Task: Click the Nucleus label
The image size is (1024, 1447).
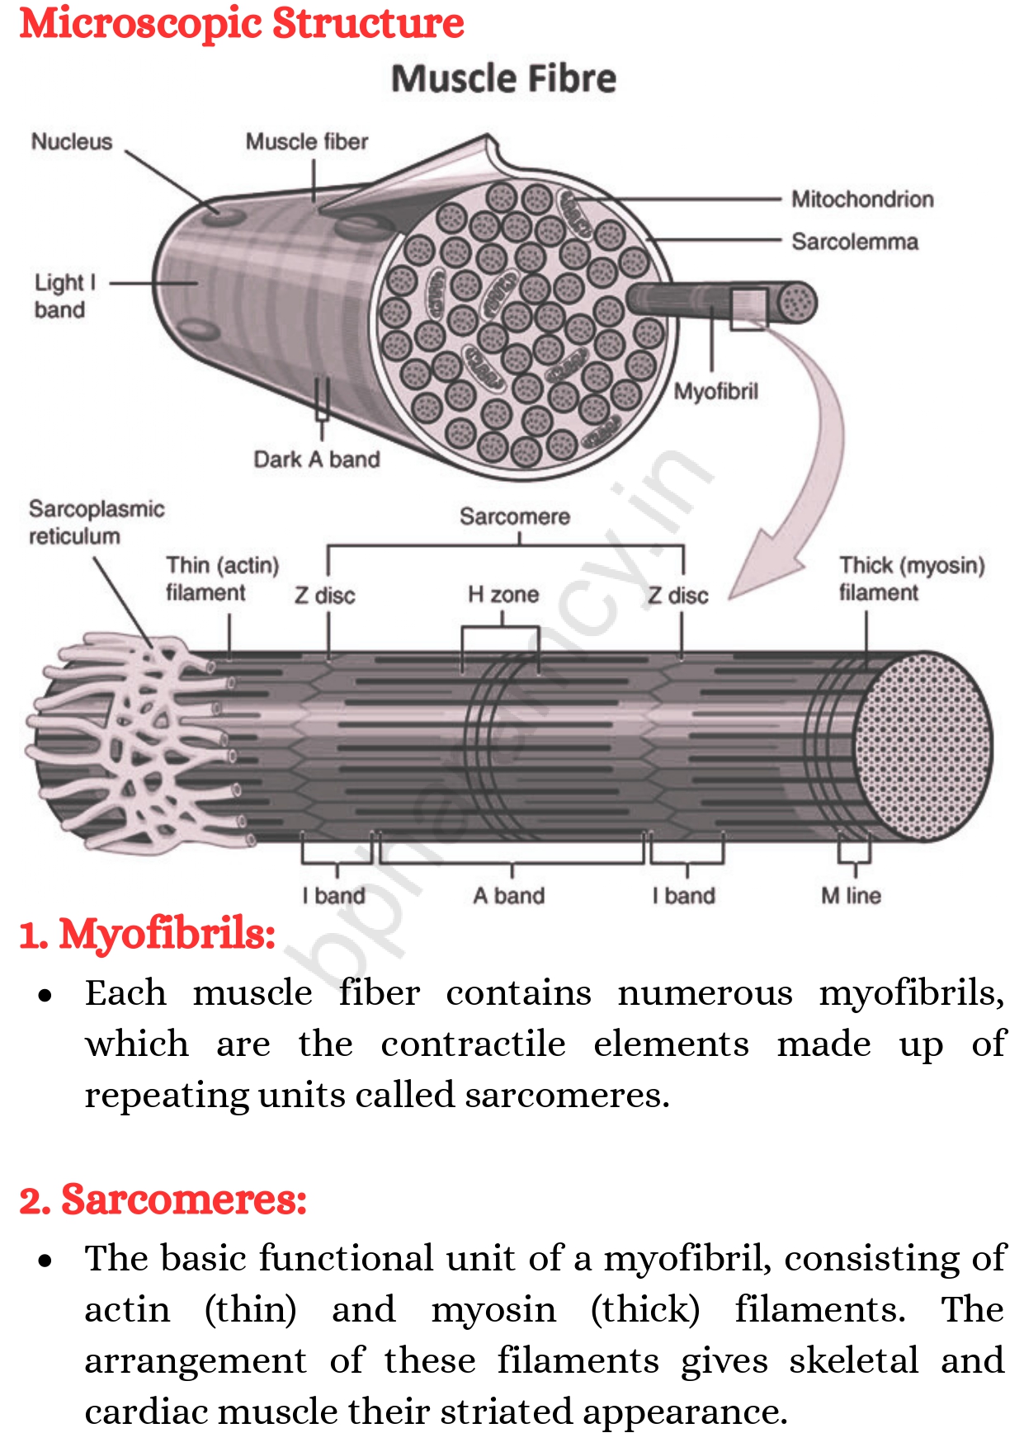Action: [x=72, y=142]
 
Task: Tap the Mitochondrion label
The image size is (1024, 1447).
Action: [x=862, y=200]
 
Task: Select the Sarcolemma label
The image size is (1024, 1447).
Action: [x=855, y=242]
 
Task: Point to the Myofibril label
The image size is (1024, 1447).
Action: [x=716, y=391]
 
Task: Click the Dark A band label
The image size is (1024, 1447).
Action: [x=317, y=460]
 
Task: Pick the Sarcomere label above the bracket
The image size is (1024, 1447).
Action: [x=515, y=517]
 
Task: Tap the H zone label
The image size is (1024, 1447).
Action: [x=503, y=595]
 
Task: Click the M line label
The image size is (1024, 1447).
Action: [x=851, y=896]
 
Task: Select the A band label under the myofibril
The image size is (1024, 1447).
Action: [x=509, y=896]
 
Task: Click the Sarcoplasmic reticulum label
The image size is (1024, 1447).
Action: [x=97, y=523]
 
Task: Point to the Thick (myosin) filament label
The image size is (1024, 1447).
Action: [x=912, y=579]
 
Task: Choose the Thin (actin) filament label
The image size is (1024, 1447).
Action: [x=222, y=579]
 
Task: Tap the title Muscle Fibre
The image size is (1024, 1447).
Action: [x=503, y=79]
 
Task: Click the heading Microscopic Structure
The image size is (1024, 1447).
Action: [x=242, y=23]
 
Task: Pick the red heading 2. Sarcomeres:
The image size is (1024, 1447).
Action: [x=163, y=1200]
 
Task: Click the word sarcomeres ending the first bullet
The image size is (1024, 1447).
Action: [x=566, y=1096]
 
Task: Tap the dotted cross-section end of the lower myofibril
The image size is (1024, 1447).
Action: [x=924, y=747]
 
